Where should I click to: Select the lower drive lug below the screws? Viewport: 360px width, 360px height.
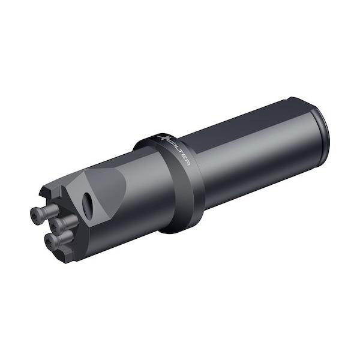66,256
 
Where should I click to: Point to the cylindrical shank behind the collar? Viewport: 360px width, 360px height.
252,156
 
